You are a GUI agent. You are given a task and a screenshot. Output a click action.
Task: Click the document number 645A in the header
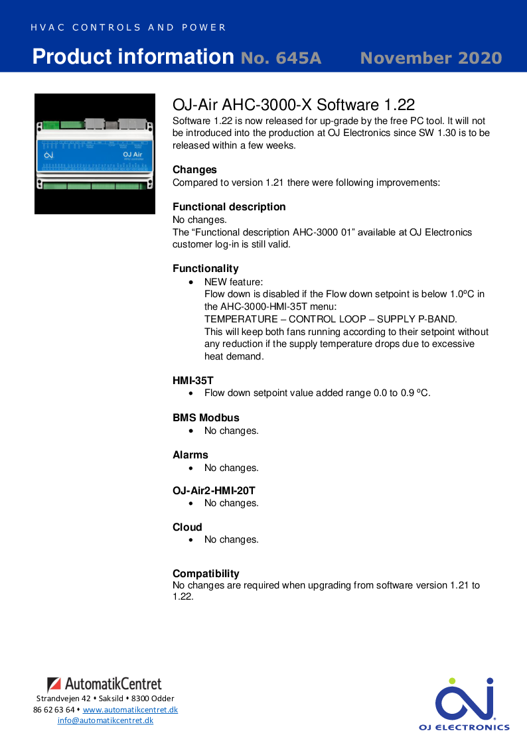(x=281, y=58)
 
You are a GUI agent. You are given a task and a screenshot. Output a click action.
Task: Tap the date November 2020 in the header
(x=431, y=58)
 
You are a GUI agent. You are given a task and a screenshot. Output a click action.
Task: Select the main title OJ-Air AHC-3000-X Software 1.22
(x=293, y=105)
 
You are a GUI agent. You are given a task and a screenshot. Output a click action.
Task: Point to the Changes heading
(x=194, y=170)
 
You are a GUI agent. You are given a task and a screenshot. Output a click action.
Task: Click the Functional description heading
(x=229, y=207)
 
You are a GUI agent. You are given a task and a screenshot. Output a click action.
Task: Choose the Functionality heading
(x=205, y=269)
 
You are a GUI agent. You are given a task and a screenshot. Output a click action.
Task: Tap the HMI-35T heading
(x=193, y=381)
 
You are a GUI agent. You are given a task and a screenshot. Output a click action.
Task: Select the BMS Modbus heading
(x=206, y=418)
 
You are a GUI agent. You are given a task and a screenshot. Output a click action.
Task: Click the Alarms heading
(x=190, y=455)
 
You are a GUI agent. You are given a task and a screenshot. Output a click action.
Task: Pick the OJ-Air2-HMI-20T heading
(x=214, y=491)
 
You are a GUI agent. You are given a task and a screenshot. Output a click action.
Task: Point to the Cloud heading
(x=187, y=527)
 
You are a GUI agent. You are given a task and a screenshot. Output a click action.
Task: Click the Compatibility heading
(x=206, y=574)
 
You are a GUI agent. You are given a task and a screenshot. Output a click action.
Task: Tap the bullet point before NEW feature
(x=192, y=282)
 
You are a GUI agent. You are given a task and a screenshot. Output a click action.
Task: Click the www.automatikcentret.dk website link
(x=130, y=710)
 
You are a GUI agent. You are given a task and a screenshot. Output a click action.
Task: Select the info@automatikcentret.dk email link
(x=106, y=720)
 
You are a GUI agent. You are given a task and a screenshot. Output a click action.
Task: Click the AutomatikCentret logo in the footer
(x=104, y=684)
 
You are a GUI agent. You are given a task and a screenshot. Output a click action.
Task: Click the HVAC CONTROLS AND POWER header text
(x=129, y=28)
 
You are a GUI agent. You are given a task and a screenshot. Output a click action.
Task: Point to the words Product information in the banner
(x=133, y=57)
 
